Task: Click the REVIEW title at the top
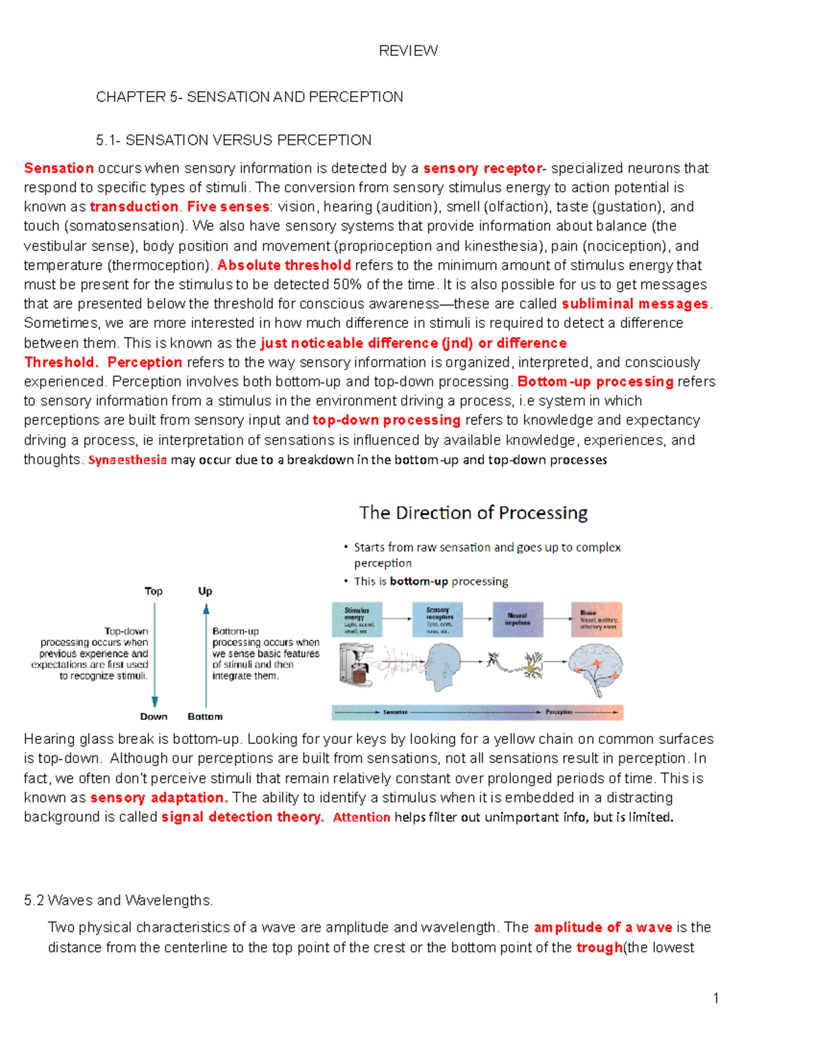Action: pyautogui.click(x=408, y=50)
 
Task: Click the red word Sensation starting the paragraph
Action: pyautogui.click(x=58, y=168)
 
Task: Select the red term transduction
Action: pyautogui.click(x=134, y=207)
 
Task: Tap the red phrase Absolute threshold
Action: pyautogui.click(x=284, y=265)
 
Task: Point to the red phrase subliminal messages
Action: pyautogui.click(x=635, y=304)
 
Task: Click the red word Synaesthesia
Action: pyautogui.click(x=127, y=460)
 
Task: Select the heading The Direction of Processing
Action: pyautogui.click(x=473, y=513)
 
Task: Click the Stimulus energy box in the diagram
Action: pyautogui.click(x=356, y=619)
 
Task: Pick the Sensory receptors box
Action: pyautogui.click(x=437, y=619)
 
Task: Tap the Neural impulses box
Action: pyautogui.click(x=517, y=619)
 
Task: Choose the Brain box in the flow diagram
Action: pyautogui.click(x=596, y=619)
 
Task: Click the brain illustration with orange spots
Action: pyautogui.click(x=595, y=668)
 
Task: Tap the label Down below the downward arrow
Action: pyautogui.click(x=154, y=717)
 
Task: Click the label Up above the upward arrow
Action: pyautogui.click(x=205, y=591)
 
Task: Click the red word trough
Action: pyautogui.click(x=599, y=948)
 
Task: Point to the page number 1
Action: pyautogui.click(x=716, y=998)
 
